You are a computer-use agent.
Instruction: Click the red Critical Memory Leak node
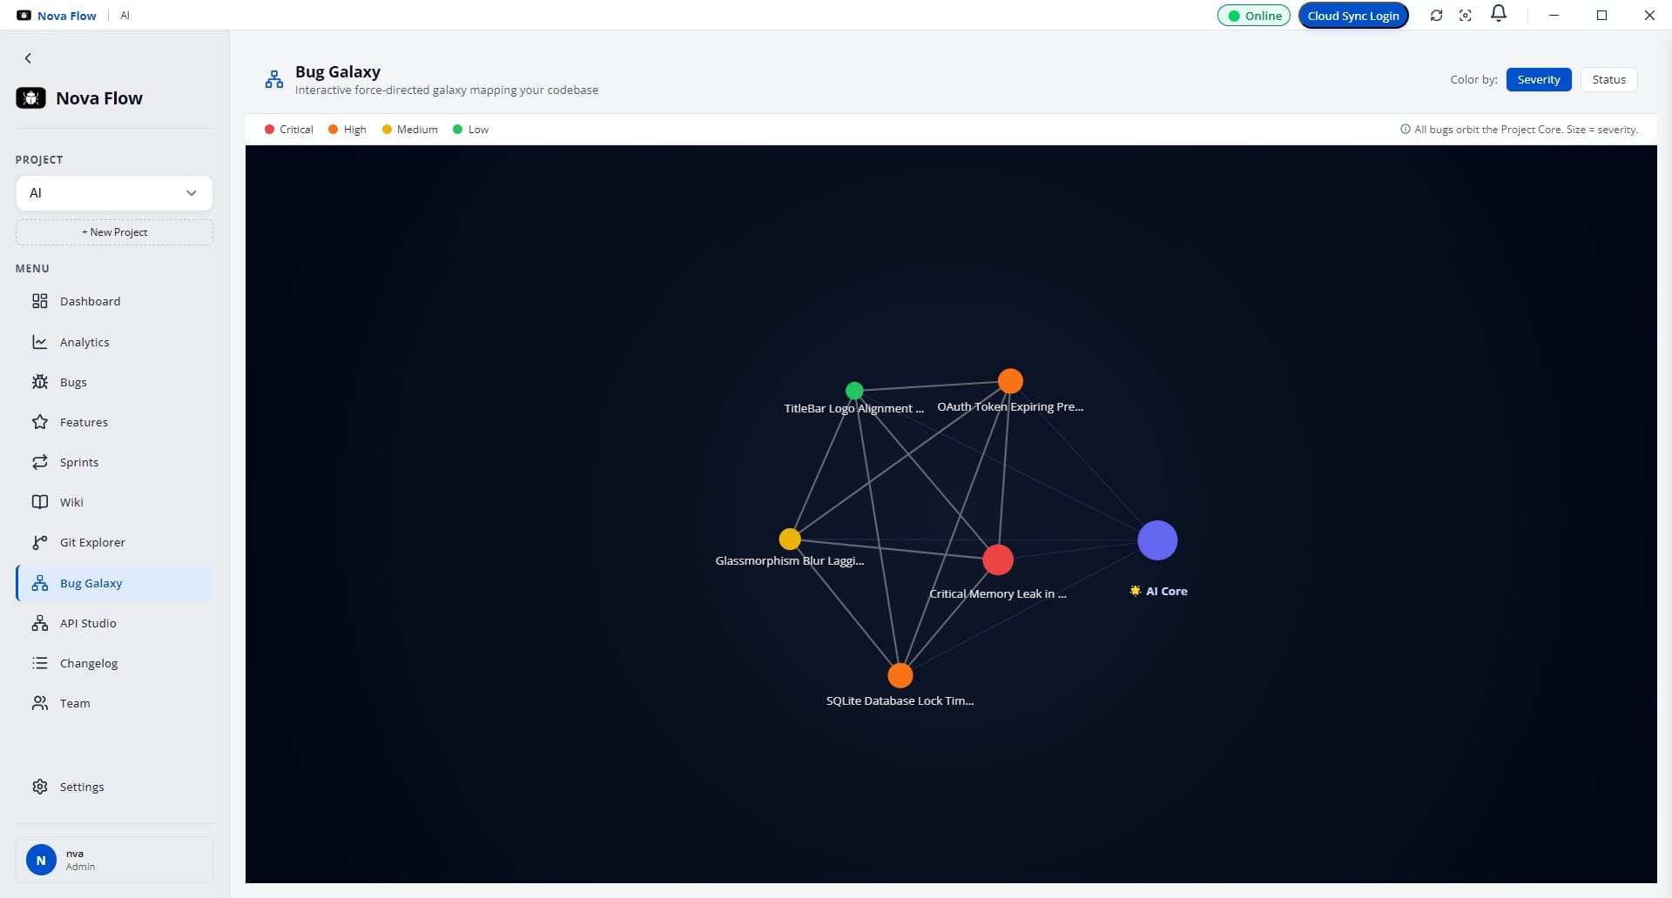click(998, 560)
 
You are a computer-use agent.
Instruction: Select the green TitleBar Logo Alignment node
click(854, 391)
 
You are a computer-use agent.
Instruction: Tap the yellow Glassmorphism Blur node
click(790, 539)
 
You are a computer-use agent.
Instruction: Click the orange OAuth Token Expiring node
click(1010, 381)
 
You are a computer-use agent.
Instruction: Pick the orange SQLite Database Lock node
click(900, 675)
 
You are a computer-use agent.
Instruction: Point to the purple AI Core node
click(1157, 540)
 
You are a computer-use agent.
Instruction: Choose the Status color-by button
click(1608, 79)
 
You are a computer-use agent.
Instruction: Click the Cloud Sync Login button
click(1353, 16)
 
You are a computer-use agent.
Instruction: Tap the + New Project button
click(114, 232)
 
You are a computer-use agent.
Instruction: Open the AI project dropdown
click(114, 193)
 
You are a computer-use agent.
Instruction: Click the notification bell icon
click(1499, 14)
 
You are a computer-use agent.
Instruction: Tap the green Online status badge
click(1254, 16)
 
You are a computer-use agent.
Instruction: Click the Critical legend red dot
click(269, 130)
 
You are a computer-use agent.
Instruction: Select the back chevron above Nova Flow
click(28, 58)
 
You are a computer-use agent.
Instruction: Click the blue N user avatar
click(41, 860)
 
